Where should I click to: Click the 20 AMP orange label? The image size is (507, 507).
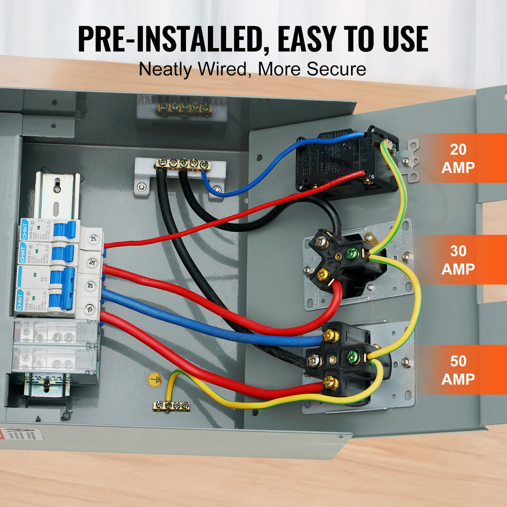[458, 158]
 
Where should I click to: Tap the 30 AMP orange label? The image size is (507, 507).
[458, 260]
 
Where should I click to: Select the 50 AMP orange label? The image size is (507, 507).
[458, 370]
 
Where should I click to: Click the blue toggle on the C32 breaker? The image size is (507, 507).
[63, 254]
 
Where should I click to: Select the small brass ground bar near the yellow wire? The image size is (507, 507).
[171, 406]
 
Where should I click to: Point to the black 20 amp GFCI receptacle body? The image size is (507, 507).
[338, 161]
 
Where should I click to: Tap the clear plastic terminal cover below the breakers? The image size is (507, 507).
[55, 346]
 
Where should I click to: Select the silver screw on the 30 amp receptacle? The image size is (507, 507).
[322, 243]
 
